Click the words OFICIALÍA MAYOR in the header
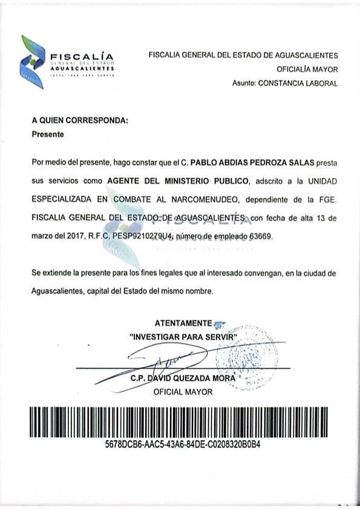307,70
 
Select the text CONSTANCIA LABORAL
297,83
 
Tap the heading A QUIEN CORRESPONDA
80,120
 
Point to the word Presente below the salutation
48,135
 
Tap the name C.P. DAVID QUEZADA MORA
183,379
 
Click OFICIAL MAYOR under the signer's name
183,392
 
